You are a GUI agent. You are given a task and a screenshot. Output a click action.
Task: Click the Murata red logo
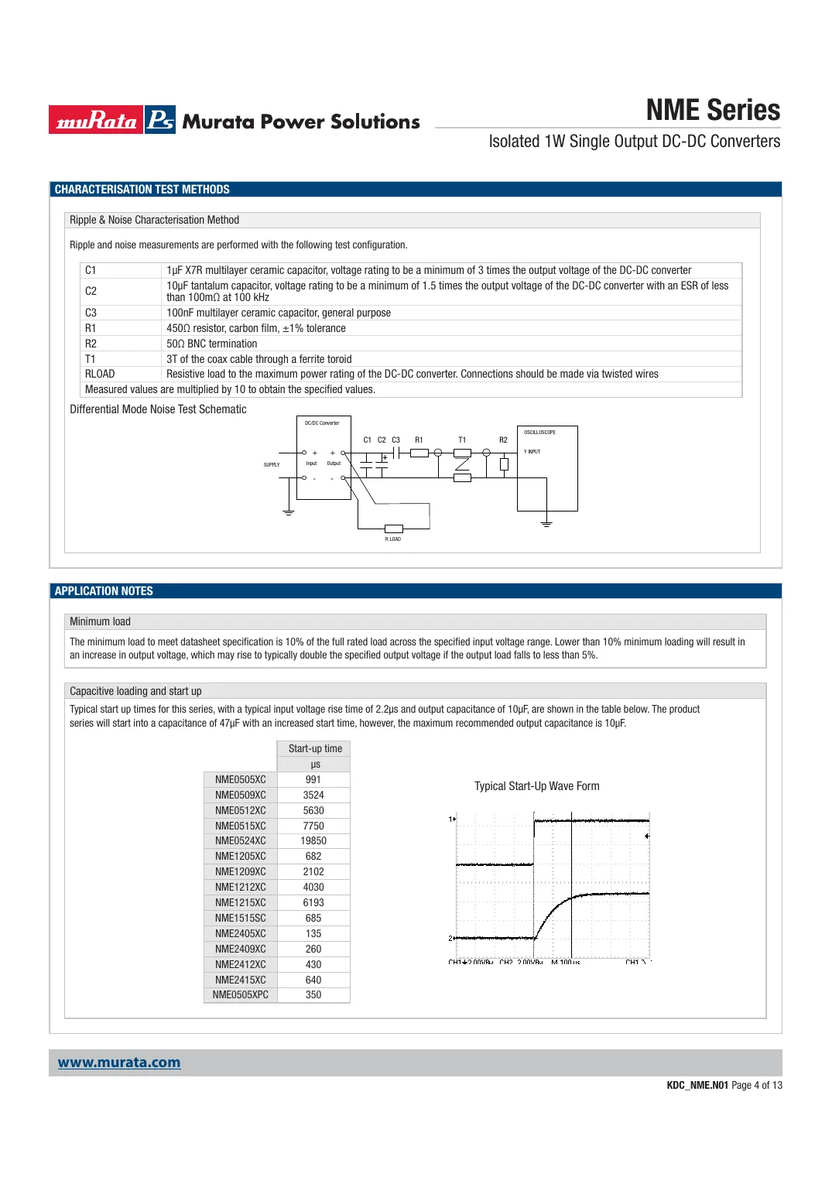(x=96, y=120)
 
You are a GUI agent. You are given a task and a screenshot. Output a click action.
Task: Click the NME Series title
(x=713, y=111)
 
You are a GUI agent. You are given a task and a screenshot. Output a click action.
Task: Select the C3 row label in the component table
(x=91, y=313)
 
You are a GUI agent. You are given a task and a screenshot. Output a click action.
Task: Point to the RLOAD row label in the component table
(x=100, y=374)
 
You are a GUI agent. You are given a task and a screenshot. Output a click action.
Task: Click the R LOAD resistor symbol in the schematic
(x=393, y=529)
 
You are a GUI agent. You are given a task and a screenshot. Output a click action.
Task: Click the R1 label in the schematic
(x=419, y=440)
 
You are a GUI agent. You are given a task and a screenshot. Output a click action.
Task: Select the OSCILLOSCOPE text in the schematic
(x=539, y=432)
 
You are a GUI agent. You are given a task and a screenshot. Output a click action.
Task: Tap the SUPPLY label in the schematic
(x=272, y=464)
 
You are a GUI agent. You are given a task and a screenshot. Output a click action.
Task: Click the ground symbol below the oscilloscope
(x=546, y=525)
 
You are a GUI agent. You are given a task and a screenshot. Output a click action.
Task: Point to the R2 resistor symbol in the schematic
(x=504, y=464)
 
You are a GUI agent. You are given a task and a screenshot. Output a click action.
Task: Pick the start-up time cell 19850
(x=313, y=840)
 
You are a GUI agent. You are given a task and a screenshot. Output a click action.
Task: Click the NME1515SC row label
(x=241, y=918)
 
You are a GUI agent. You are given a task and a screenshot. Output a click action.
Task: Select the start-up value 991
(x=313, y=779)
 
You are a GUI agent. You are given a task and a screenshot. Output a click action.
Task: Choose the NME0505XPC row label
(x=241, y=994)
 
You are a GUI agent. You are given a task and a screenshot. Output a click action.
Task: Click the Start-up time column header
(x=315, y=748)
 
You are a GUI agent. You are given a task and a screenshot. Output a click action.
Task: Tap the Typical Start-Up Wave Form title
(x=536, y=786)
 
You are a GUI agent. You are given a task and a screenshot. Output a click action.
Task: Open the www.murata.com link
(x=119, y=1062)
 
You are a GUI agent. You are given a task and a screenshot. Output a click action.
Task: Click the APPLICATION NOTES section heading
(x=104, y=591)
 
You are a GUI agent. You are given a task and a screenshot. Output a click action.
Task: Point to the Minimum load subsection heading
(x=101, y=621)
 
